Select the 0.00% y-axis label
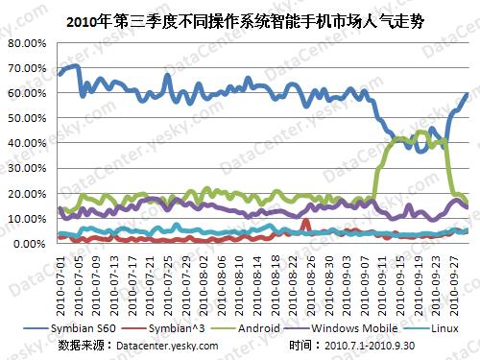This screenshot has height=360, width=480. click(x=29, y=244)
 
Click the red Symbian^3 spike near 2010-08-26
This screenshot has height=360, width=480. click(x=305, y=221)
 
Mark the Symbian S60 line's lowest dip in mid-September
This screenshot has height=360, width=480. click(x=420, y=151)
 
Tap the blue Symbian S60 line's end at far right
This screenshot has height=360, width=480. click(x=468, y=94)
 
